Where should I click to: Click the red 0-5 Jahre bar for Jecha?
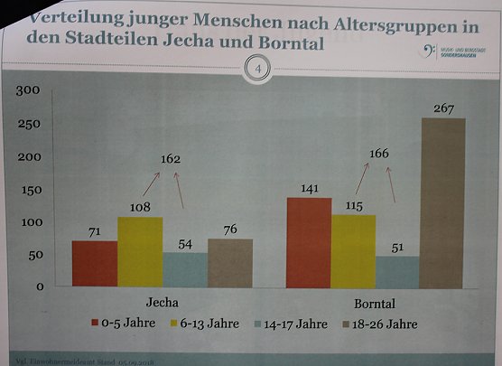point(94,264)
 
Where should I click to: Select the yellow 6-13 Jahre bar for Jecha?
point(140,252)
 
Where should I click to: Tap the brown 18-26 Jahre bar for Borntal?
point(443,202)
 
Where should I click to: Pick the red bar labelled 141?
point(309,242)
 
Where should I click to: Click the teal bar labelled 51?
point(398,272)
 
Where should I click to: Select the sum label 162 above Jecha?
point(171,159)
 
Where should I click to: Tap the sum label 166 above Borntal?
point(378,154)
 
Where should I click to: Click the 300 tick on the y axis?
point(28,89)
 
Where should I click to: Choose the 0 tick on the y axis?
point(40,287)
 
